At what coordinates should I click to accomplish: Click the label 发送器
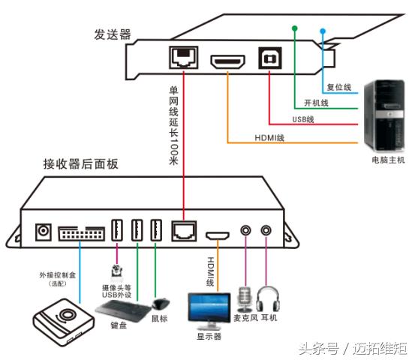point(112,34)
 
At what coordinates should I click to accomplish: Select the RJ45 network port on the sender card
point(183,58)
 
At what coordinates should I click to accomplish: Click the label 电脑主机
point(388,160)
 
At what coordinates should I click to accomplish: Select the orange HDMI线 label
point(269,137)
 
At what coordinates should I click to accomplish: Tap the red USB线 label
point(303,120)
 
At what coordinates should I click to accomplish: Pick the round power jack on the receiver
point(43,232)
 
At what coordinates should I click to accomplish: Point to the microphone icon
point(245,299)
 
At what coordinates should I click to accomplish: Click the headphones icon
point(267,299)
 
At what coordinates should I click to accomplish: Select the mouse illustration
point(159,304)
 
